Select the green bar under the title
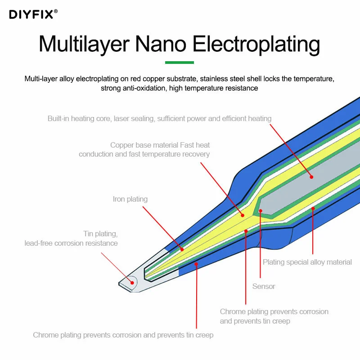click(180, 63)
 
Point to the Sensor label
click(264, 286)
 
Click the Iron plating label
click(130, 199)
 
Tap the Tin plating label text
click(100, 234)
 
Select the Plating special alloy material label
click(307, 262)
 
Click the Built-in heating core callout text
click(159, 119)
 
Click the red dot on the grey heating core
click(311, 177)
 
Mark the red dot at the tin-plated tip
click(132, 283)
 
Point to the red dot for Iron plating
click(182, 249)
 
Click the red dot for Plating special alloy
click(313, 208)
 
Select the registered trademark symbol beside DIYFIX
click(56, 11)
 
